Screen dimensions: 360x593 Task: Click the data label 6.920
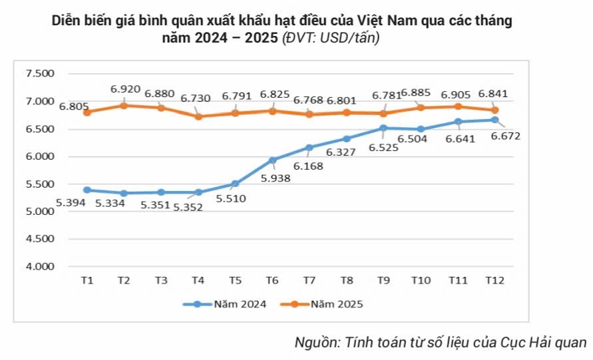(124, 89)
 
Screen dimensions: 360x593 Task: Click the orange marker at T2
(124, 105)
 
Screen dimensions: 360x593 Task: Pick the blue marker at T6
(272, 160)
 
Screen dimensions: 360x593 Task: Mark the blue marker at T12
(494, 120)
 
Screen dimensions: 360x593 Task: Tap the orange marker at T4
(198, 116)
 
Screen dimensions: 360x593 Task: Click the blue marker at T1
(87, 190)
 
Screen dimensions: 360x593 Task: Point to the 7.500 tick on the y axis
(40, 74)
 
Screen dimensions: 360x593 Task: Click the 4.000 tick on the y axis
(40, 267)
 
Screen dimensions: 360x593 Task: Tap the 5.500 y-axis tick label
(40, 184)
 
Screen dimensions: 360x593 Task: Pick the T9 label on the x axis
(383, 281)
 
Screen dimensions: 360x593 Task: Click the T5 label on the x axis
(235, 281)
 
